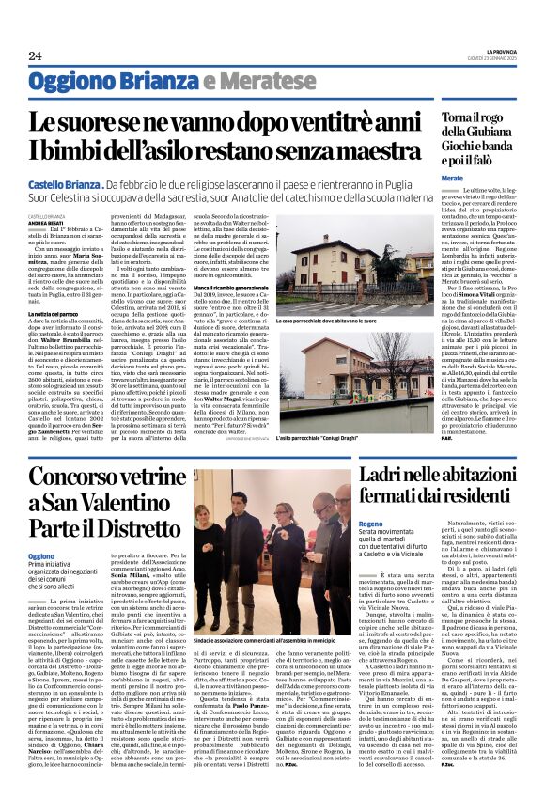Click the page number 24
35,55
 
